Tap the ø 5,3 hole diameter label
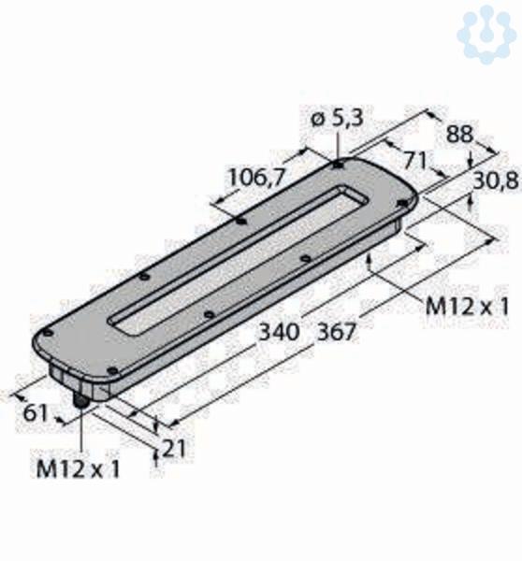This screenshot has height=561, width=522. [x=337, y=119]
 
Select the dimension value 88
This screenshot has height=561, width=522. [x=459, y=134]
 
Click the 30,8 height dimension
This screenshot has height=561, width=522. [x=496, y=181]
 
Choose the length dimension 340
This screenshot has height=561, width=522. [x=279, y=332]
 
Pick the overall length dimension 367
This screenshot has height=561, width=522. [x=338, y=332]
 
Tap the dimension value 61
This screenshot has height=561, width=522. [x=36, y=413]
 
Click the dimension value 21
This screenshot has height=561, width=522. [x=174, y=449]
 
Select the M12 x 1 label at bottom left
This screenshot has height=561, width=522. [x=78, y=469]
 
